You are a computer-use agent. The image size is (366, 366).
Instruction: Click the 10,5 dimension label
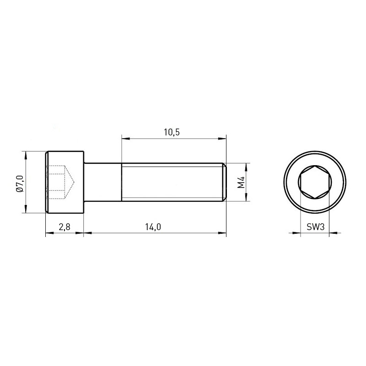point(172,132)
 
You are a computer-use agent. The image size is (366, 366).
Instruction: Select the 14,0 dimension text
point(153,226)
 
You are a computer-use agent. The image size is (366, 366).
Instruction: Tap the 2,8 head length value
point(65,226)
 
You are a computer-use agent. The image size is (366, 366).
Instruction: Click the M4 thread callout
point(241,182)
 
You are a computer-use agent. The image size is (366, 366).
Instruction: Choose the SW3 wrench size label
point(316,226)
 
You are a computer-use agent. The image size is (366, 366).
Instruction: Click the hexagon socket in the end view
point(315,182)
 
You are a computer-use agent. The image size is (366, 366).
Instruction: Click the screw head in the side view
point(65,182)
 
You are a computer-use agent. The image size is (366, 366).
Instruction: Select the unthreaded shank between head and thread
point(102,182)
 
